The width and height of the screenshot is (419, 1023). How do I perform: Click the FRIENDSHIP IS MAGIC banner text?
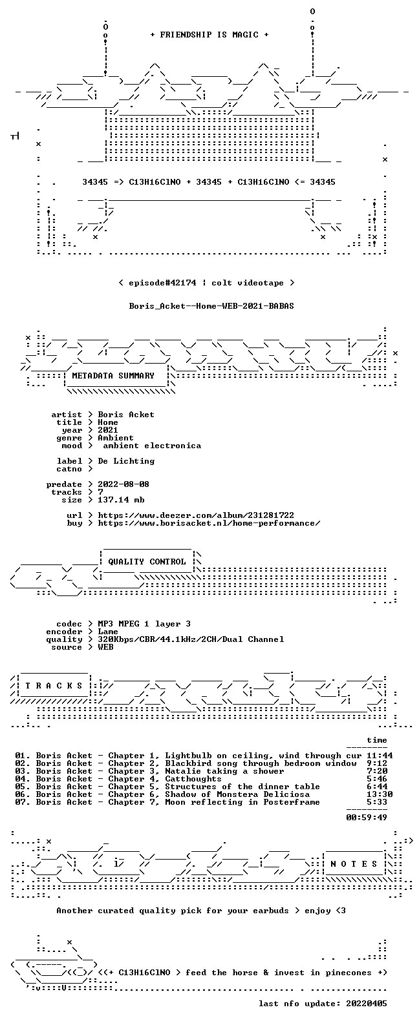point(209,35)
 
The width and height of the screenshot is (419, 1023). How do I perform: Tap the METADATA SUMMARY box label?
point(113,375)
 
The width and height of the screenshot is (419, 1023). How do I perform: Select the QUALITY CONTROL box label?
point(147,562)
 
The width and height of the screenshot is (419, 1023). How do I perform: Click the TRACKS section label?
point(54,685)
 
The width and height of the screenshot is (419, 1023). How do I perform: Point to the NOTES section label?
point(354,863)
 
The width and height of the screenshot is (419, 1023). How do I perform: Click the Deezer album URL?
point(196,515)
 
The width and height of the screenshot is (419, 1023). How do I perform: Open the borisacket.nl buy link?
point(209,523)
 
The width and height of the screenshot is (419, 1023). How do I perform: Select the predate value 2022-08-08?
point(124,484)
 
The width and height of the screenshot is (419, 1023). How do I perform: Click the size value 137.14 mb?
point(121,500)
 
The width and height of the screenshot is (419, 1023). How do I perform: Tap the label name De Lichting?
point(126,461)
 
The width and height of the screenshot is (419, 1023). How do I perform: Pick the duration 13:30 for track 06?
point(380,794)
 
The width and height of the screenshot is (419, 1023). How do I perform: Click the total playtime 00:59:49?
point(367,818)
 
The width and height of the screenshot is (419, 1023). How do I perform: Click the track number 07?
point(23,802)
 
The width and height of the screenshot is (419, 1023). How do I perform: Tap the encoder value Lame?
point(108,632)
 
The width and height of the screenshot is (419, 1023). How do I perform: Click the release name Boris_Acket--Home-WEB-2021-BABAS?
point(211,306)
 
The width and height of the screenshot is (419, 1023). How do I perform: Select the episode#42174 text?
point(162,283)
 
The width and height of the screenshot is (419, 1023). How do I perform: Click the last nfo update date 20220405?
point(367,1004)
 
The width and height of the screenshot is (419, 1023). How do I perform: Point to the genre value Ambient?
point(116,437)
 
